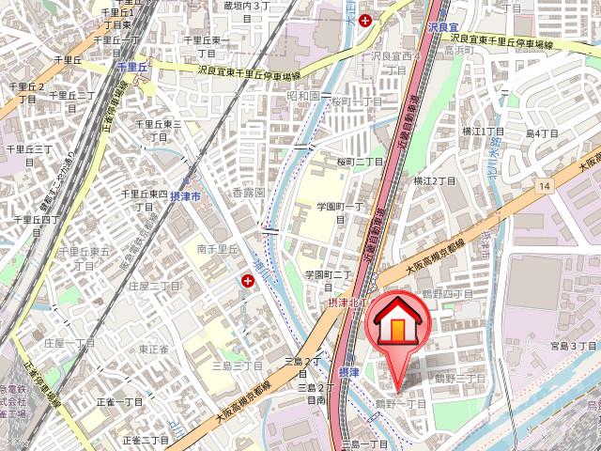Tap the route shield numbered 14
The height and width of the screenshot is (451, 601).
[x=544, y=188]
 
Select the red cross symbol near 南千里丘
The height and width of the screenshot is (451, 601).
[x=249, y=280]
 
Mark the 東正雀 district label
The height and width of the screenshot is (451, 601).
[x=154, y=349]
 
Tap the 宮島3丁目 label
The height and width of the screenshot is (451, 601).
[x=574, y=346]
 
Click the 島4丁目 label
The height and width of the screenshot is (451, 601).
[x=542, y=133]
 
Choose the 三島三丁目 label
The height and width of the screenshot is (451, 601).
[x=237, y=365]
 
